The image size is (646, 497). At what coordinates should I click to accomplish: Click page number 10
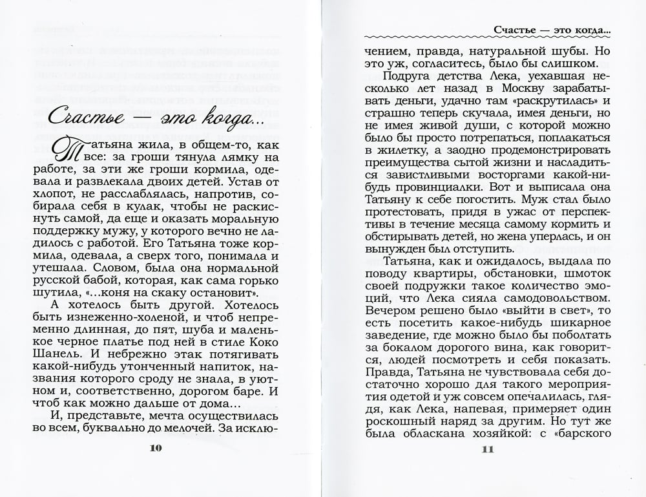tap(158, 450)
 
